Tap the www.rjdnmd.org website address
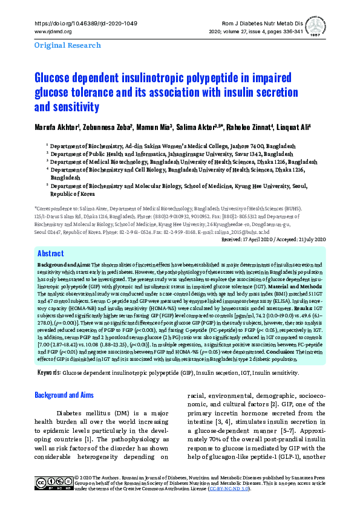coord(54,31)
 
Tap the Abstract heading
coord(50,254)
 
